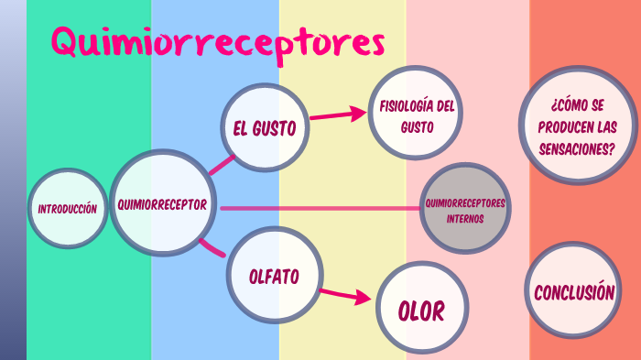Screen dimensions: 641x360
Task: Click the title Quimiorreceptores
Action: (217, 42)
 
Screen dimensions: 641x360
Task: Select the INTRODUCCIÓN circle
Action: (67, 209)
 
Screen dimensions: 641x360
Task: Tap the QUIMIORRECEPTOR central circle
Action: (162, 204)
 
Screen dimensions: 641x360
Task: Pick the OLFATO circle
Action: (274, 275)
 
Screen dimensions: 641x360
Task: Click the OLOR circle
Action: (421, 310)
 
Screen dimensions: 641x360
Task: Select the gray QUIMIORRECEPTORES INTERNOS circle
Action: (464, 210)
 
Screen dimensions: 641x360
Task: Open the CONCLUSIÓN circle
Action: (574, 292)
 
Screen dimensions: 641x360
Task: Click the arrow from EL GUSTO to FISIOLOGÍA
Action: (335, 115)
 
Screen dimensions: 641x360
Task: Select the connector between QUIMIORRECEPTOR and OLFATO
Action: (212, 246)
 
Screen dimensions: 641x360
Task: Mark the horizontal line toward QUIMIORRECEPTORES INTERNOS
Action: (320, 209)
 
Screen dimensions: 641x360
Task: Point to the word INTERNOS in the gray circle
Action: (464, 220)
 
